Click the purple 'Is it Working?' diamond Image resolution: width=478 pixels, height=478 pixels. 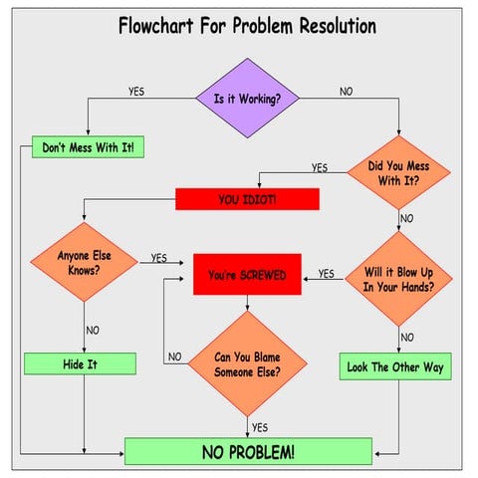[246, 100]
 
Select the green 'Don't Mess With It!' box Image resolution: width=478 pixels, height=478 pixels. [89, 147]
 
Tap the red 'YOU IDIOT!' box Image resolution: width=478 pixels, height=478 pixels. [247, 199]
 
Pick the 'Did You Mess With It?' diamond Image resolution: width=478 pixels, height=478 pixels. [398, 173]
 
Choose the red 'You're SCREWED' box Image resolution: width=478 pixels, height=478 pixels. [247, 274]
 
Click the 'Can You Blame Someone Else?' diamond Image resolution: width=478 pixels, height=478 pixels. [247, 363]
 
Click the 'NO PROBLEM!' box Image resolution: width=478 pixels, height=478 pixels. [248, 451]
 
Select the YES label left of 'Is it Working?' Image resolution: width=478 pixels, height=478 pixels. [135, 92]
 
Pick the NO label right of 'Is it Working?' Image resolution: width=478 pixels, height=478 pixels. [346, 92]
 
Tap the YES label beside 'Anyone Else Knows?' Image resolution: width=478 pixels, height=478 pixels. [158, 258]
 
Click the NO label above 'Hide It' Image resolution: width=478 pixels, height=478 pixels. [92, 330]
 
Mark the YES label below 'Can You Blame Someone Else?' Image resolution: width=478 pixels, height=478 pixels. [259, 427]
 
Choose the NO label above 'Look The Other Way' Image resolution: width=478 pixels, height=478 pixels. [406, 338]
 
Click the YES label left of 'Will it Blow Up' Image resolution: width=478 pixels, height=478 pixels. [326, 274]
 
